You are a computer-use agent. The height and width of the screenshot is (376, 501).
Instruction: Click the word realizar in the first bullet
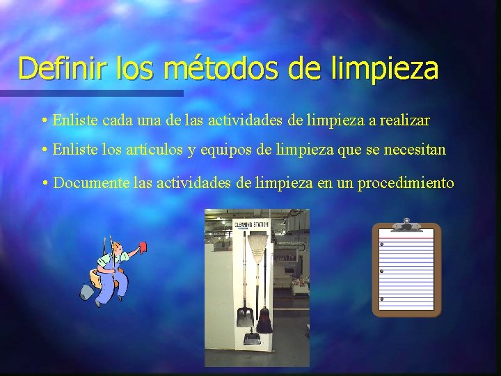coord(405,120)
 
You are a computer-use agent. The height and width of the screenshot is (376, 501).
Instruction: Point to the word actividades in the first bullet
coord(207,120)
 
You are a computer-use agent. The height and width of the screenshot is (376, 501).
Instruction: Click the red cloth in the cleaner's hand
coord(143,246)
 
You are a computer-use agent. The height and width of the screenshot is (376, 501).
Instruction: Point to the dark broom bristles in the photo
coord(264,321)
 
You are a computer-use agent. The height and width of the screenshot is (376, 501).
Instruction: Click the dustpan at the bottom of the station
coord(251,340)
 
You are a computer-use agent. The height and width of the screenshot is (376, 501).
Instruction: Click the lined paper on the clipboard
coord(407,272)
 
